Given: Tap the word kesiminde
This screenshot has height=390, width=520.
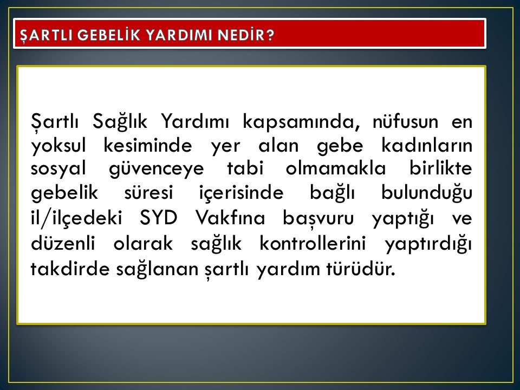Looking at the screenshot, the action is (x=147, y=145).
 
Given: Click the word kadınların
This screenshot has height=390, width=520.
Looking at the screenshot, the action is (x=427, y=145).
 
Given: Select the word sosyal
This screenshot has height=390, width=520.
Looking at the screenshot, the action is (x=58, y=169).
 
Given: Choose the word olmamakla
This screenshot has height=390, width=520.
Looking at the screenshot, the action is (x=336, y=168).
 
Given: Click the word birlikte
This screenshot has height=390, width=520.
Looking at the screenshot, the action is (x=441, y=168).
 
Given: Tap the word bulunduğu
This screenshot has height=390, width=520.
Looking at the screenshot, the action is (x=426, y=193).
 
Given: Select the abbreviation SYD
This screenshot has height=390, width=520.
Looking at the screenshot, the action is (x=159, y=218).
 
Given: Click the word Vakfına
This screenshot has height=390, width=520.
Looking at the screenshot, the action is (x=230, y=218).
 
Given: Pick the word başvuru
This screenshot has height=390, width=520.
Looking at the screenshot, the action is (x=318, y=219).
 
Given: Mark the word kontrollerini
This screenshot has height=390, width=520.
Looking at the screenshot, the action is (x=313, y=243).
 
